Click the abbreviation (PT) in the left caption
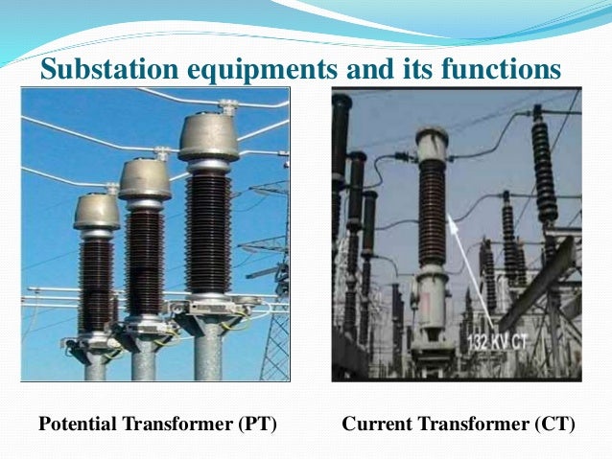[x=257, y=423]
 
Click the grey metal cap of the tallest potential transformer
[x=207, y=137]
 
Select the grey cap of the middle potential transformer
[x=146, y=178]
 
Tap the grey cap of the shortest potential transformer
[x=97, y=211]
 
